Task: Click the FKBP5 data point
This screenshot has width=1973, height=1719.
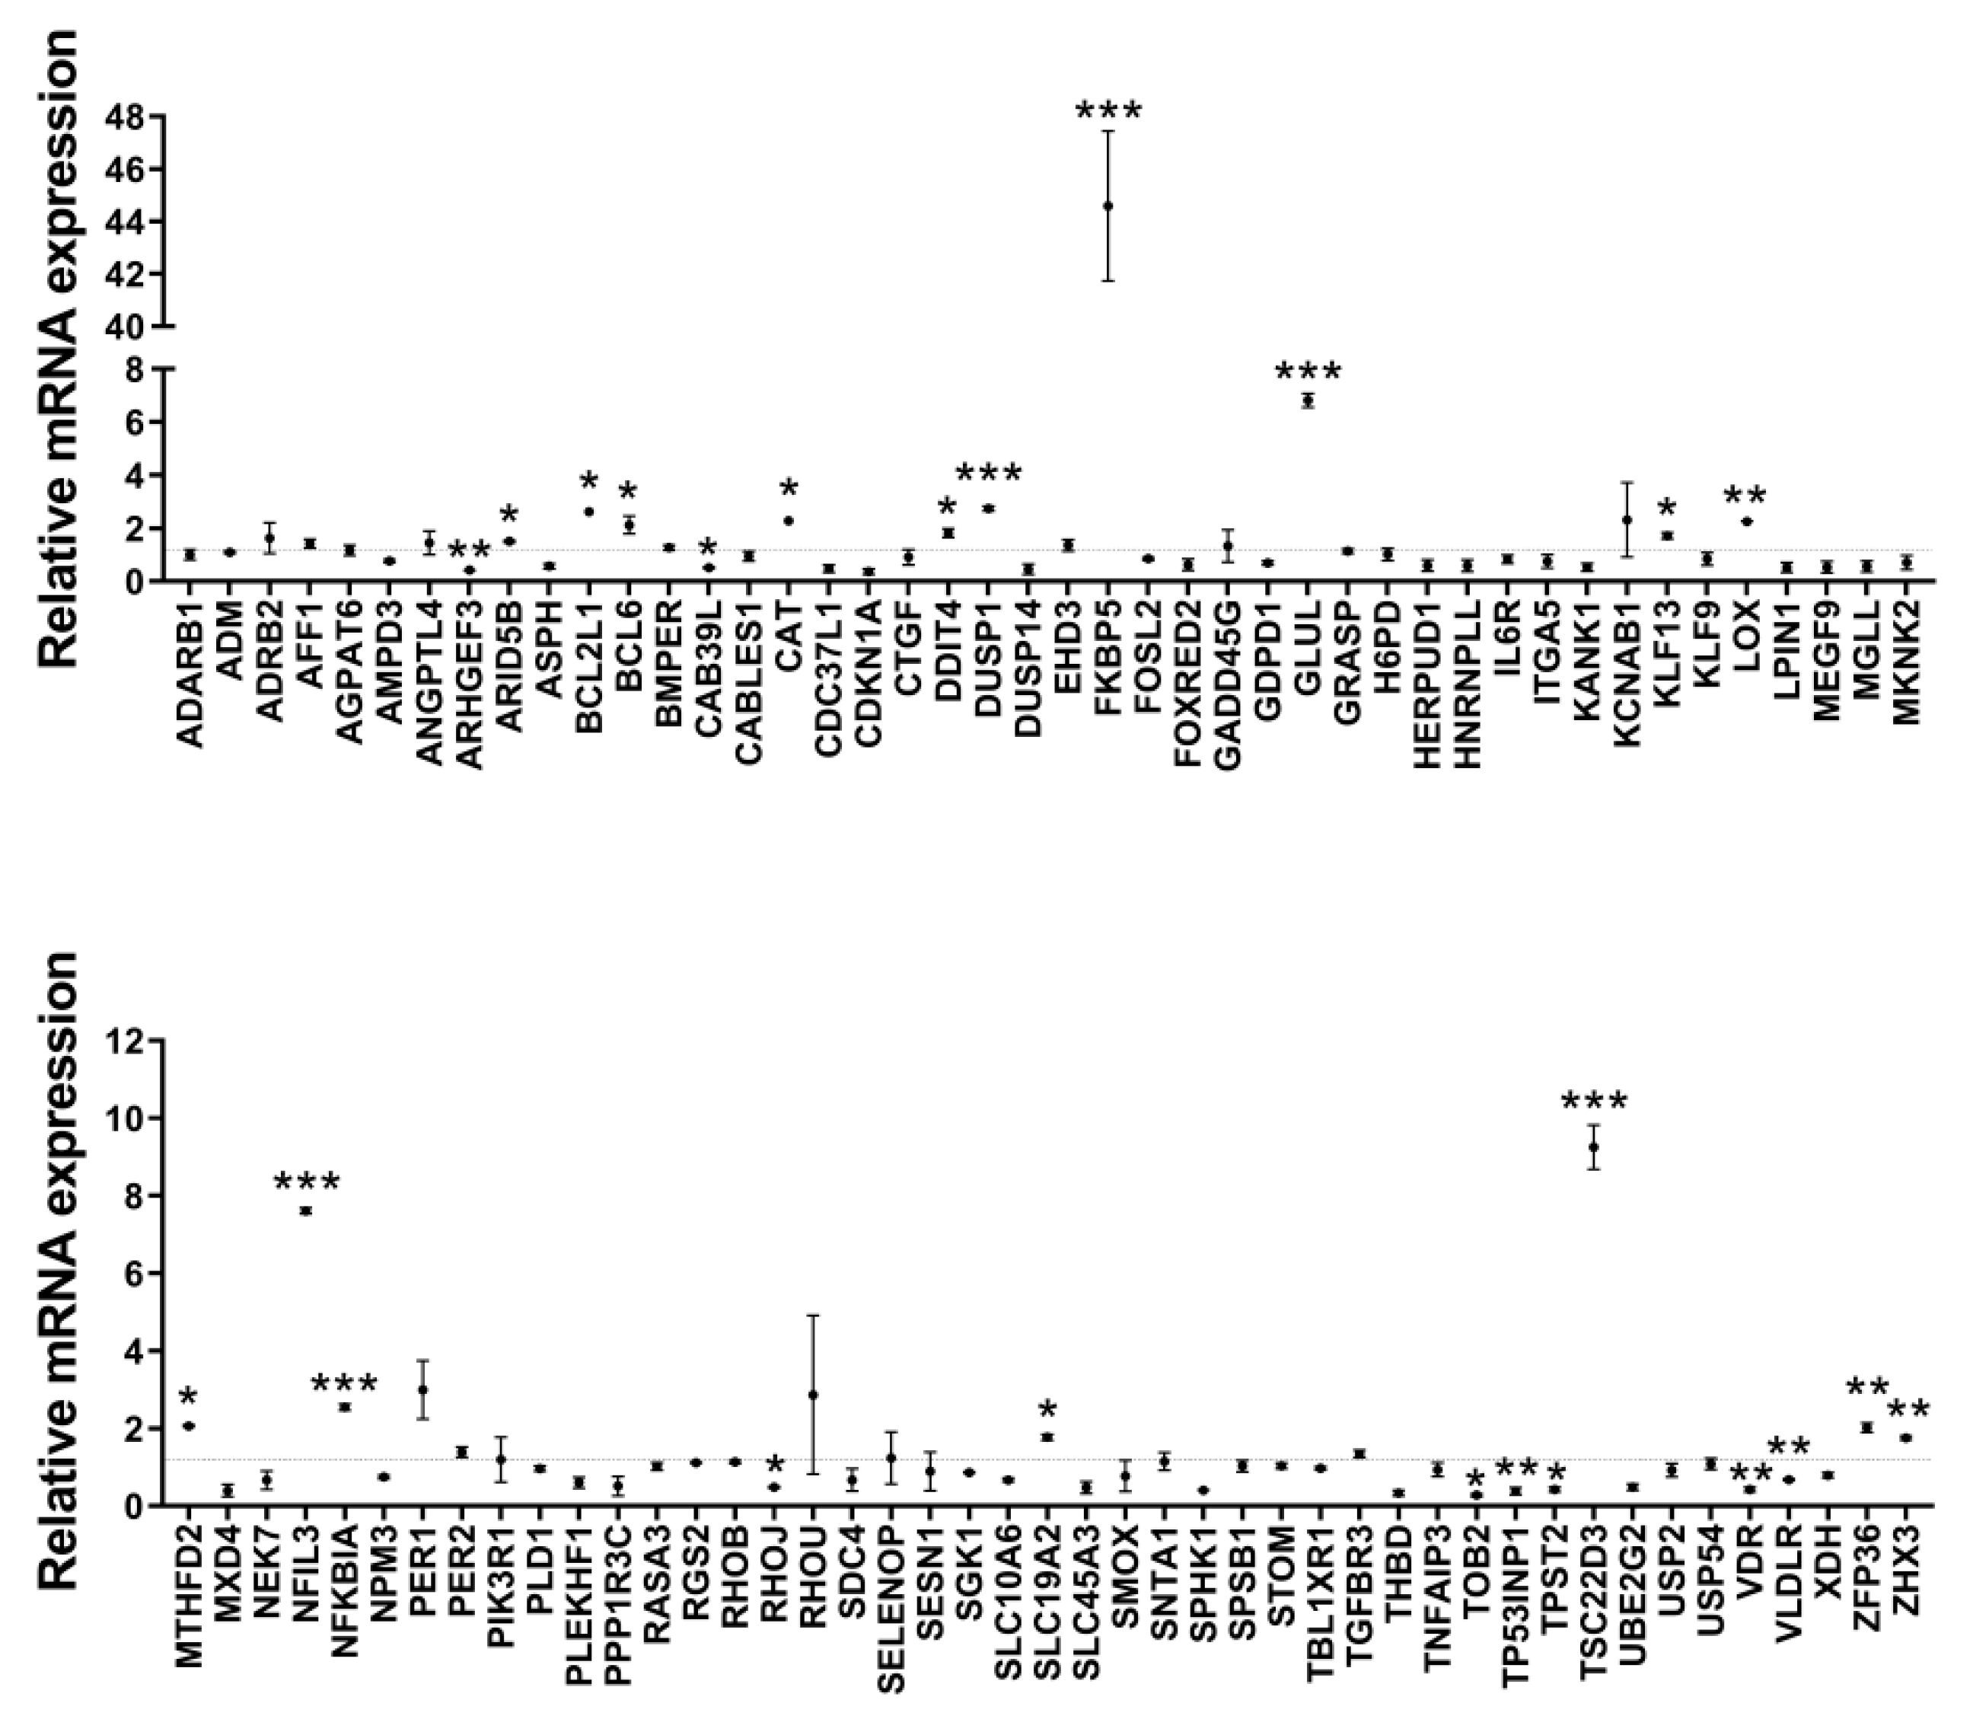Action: point(1108,206)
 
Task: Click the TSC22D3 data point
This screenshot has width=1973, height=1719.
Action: point(1594,1147)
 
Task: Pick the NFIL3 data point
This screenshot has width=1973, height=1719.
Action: point(306,1210)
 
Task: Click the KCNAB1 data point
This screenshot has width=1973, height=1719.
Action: point(1627,520)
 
